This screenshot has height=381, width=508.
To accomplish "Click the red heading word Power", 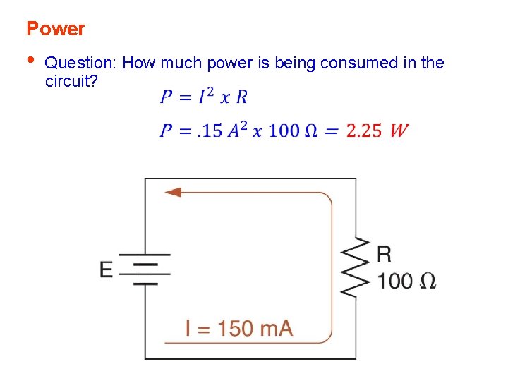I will pyautogui.click(x=55, y=29).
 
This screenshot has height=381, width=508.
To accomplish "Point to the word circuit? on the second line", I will pyautogui.click(x=71, y=80).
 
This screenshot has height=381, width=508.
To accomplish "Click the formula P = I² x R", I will pyautogui.click(x=203, y=97).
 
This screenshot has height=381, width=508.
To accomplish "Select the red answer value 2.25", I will pyautogui.click(x=364, y=131).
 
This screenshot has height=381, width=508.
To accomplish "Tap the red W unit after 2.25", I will pyautogui.click(x=399, y=131).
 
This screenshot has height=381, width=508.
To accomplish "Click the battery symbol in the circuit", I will pyautogui.click(x=145, y=269).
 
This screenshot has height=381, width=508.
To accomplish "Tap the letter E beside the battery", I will pyautogui.click(x=106, y=270).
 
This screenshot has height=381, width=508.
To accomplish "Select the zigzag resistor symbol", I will pyautogui.click(x=356, y=269).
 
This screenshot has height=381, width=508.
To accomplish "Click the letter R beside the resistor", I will pyautogui.click(x=385, y=254).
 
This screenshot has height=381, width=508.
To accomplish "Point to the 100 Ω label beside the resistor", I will pyautogui.click(x=406, y=281).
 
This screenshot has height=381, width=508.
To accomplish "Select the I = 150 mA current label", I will pyautogui.click(x=238, y=328).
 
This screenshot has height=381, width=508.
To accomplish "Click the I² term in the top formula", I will pyautogui.click(x=206, y=96).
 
